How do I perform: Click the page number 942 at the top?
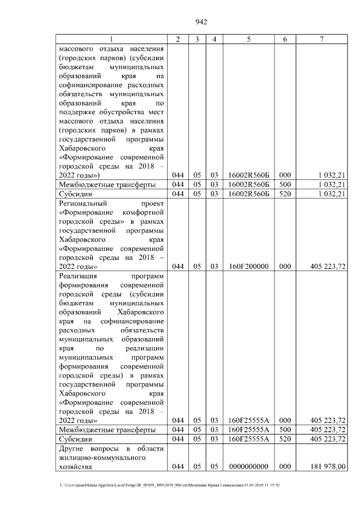(201, 22)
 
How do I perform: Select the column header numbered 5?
(248, 39)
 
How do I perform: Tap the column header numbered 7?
(321, 39)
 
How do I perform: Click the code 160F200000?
(248, 267)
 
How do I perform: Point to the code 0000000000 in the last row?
(248, 466)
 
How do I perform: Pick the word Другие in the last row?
(71, 448)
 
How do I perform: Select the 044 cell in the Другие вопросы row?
(178, 466)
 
